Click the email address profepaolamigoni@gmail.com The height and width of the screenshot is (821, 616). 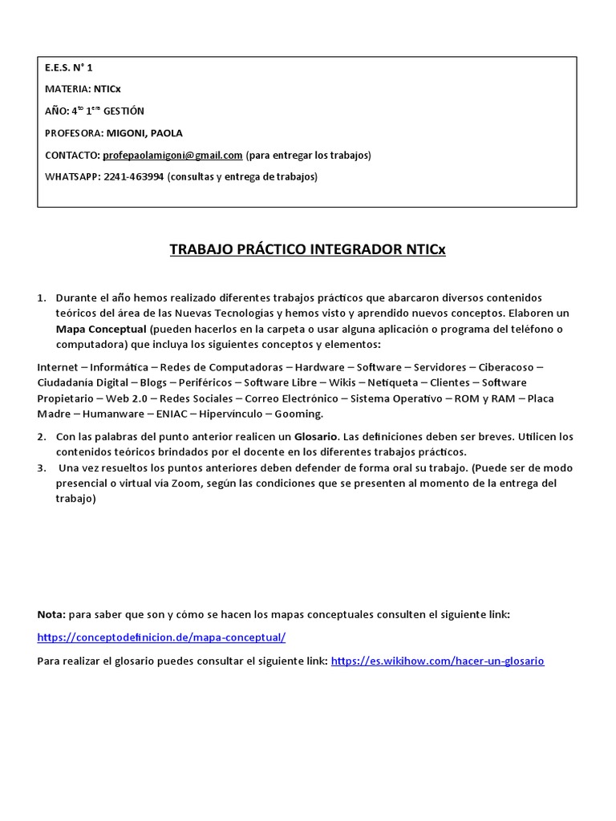[x=172, y=155]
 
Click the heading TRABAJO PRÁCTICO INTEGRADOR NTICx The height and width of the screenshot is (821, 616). [x=307, y=249]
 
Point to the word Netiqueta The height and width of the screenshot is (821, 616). [x=392, y=382]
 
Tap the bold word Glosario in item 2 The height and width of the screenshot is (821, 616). [x=316, y=437]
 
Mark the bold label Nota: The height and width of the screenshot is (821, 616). [x=52, y=614]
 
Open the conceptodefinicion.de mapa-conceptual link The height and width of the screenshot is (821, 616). [x=161, y=638]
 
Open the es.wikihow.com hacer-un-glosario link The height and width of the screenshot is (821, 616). [x=437, y=661]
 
